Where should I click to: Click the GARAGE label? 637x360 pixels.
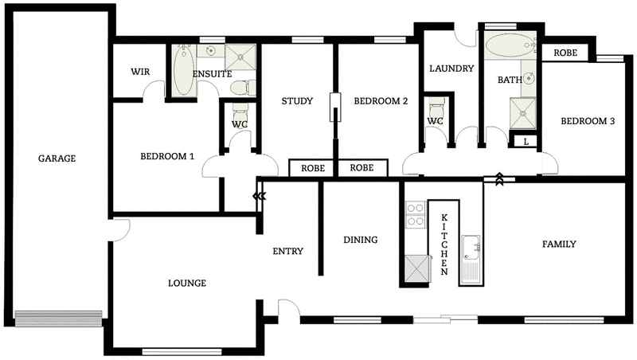(x=57, y=158)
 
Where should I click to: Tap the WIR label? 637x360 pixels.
(x=141, y=71)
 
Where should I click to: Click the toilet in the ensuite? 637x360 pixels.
(x=249, y=85)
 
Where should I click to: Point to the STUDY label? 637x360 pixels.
(x=296, y=101)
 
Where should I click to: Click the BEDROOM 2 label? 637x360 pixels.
(x=381, y=101)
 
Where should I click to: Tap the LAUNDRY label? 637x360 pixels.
(x=451, y=68)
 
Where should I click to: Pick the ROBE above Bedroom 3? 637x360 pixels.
(x=565, y=53)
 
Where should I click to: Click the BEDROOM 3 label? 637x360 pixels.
(x=588, y=122)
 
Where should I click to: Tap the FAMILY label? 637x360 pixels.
(x=559, y=245)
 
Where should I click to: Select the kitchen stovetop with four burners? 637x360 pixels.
(x=415, y=214)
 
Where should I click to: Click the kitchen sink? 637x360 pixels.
(x=471, y=247)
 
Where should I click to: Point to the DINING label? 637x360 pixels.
(x=360, y=240)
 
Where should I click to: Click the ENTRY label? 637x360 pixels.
(x=287, y=252)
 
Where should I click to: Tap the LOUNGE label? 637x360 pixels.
(x=187, y=283)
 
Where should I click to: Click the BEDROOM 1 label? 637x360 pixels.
(x=167, y=156)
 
